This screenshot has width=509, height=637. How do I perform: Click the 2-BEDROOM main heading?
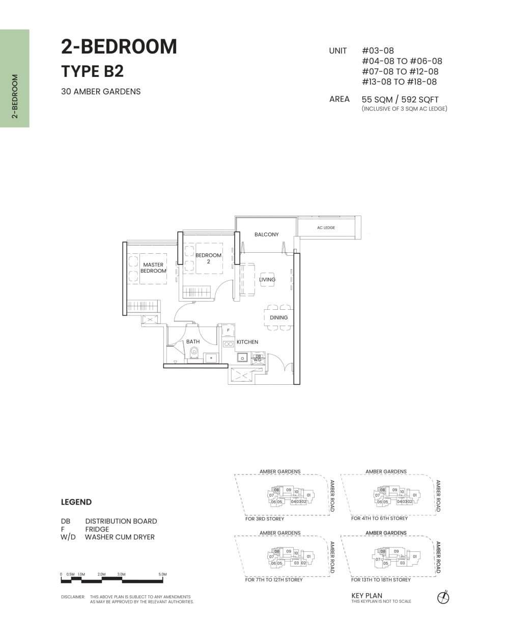point(119,47)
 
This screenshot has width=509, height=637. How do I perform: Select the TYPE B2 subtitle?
point(92,71)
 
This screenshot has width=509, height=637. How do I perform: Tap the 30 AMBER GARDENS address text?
point(101,92)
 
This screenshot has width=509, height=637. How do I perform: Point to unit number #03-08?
point(378,51)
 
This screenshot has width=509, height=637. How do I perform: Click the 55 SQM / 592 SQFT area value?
point(400,99)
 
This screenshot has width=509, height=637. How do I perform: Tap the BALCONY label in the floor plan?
point(266,234)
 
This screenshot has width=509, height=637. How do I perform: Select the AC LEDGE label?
point(326,228)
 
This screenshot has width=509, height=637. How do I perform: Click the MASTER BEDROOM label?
point(153,268)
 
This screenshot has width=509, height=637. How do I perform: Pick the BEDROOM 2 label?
point(208,258)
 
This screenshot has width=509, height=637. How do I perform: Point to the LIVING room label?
point(267,279)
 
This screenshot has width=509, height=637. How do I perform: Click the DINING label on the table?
point(278,317)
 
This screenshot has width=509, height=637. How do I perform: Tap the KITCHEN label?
point(247,342)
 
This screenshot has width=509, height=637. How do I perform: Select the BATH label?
point(193,341)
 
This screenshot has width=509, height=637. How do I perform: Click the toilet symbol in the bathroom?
point(193,353)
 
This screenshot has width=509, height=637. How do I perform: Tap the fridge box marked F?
point(228,330)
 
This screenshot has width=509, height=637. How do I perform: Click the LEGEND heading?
point(76,502)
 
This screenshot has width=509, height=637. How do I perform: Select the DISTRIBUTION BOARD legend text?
point(121,521)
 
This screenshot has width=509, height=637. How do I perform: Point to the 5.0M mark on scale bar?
point(162,574)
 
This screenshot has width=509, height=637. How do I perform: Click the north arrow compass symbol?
point(443,597)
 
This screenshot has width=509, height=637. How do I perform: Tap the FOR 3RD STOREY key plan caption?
point(265,519)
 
